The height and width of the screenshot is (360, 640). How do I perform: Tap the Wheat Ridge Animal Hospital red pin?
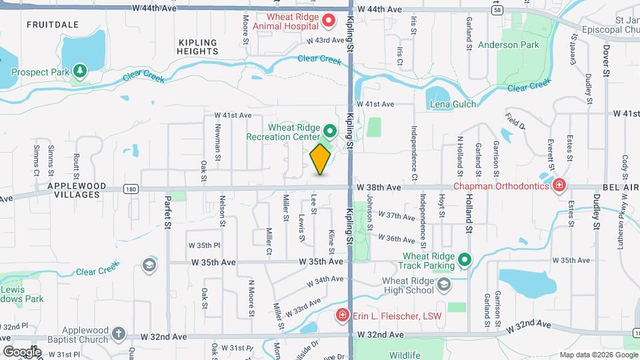[x=329, y=21]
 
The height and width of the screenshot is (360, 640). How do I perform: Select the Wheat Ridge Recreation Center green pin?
[x=329, y=129]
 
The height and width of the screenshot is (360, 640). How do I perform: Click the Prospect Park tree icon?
[x=80, y=70]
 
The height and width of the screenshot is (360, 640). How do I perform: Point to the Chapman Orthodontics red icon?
[x=559, y=185]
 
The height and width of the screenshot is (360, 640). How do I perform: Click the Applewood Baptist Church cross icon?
[x=118, y=334]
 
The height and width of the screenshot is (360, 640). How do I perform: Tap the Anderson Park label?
[x=508, y=45]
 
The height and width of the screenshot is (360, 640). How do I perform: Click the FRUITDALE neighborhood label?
[x=53, y=25]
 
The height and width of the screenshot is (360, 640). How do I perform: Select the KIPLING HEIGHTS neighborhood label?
[x=199, y=46]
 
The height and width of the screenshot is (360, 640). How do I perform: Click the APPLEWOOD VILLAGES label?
[x=73, y=190]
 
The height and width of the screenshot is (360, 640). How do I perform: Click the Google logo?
[x=22, y=351]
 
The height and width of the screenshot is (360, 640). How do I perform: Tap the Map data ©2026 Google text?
[x=599, y=354]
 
